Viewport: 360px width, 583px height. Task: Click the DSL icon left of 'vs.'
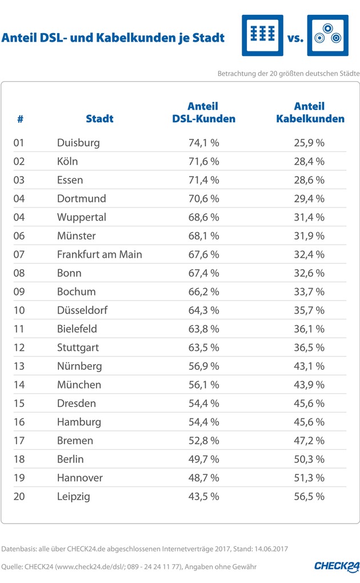tap(262, 35)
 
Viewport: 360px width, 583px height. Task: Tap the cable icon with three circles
tap(327, 35)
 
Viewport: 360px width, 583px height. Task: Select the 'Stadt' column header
tap(99, 119)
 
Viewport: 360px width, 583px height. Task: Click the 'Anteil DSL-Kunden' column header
tap(203, 113)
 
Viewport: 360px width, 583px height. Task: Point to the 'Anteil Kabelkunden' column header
tap(310, 113)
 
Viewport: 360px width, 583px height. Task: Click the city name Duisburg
tap(78, 143)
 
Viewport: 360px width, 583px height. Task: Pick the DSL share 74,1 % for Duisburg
tap(203, 143)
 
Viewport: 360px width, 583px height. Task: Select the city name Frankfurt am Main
tap(99, 254)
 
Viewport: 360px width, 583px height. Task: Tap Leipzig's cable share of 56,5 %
tap(309, 497)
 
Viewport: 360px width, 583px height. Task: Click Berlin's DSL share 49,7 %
tap(203, 460)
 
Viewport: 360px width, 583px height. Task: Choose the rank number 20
tap(19, 497)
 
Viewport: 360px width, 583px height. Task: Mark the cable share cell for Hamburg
tap(309, 422)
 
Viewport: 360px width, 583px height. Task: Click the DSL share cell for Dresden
tap(203, 404)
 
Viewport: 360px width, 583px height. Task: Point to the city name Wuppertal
tap(82, 217)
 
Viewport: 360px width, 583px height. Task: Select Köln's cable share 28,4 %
tap(309, 161)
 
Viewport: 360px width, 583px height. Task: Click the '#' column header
tap(20, 119)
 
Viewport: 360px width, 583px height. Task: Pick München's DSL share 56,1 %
tap(203, 385)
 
